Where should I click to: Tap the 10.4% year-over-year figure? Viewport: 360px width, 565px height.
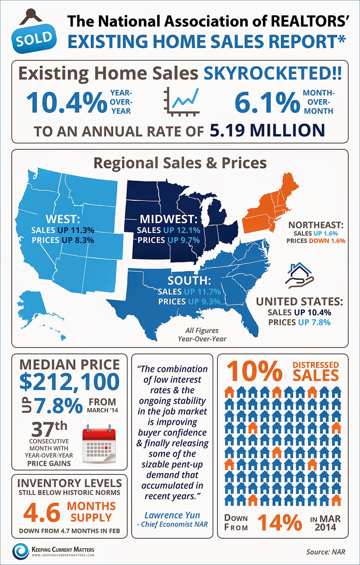coord(66,102)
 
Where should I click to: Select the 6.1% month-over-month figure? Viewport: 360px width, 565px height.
coord(267,102)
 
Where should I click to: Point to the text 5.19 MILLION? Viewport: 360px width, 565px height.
coord(267,130)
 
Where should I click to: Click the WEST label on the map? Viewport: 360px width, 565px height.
coord(63,219)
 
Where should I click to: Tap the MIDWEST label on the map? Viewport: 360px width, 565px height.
coord(168,219)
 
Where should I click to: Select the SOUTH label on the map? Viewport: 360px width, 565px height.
coord(189,280)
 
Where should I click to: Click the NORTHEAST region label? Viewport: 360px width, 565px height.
coord(316,225)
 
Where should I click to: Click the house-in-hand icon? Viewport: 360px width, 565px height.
coord(299,275)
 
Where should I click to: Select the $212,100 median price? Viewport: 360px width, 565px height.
coord(70,382)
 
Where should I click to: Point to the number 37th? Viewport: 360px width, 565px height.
coord(49,429)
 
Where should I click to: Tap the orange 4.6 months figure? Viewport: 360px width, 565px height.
coord(42,512)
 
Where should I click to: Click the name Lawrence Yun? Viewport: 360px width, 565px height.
coord(172,515)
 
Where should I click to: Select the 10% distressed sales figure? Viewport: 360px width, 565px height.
coord(254,371)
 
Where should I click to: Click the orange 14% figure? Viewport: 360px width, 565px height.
coord(280,523)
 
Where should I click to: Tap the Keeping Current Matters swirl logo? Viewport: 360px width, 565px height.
coord(20,551)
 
